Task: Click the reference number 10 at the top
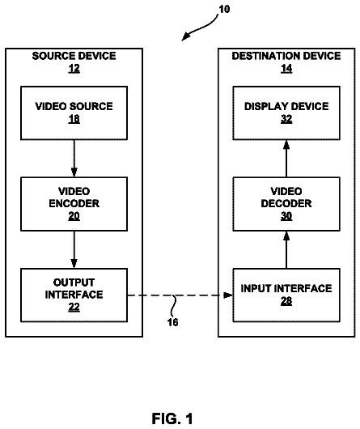tap(224, 9)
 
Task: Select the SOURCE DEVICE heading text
tap(74, 56)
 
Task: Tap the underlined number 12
tap(74, 69)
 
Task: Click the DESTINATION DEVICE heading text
tap(286, 56)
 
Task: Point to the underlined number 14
tap(286, 69)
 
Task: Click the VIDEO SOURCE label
tap(74, 106)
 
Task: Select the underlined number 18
tap(74, 119)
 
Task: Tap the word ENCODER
tap(74, 203)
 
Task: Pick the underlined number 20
tap(74, 216)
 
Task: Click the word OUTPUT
tap(74, 282)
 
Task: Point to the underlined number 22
tap(74, 307)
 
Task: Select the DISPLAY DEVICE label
tap(286, 106)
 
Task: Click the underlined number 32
tap(286, 119)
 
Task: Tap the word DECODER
tap(286, 203)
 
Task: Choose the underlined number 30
tap(286, 216)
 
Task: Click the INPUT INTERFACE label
tap(286, 289)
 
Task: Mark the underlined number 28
tap(286, 301)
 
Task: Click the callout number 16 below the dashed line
tap(173, 322)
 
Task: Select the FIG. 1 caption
tap(172, 418)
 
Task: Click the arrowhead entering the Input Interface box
tap(228, 295)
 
